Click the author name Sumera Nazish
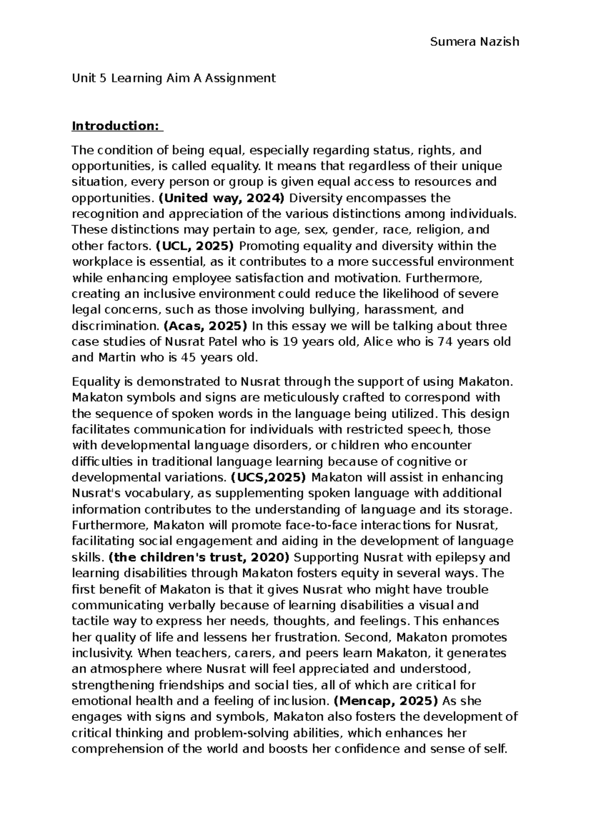pyautogui.click(x=474, y=41)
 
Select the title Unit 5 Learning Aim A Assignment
pyautogui.click(x=174, y=78)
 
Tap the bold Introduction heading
pyautogui.click(x=117, y=126)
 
